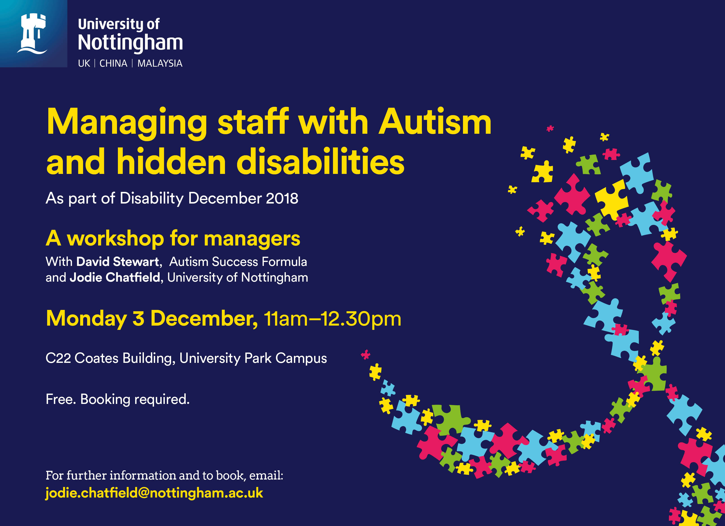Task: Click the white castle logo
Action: coord(32,34)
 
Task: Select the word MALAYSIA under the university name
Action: coord(160,63)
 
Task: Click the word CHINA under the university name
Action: coord(113,63)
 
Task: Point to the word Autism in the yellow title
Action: coord(435,122)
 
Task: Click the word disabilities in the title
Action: coord(320,162)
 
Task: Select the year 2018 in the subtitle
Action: coord(282,198)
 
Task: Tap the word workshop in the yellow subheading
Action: coord(115,239)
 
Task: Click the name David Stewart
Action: coord(118,262)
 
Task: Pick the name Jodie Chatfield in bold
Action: coord(115,277)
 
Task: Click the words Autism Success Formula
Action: coord(238,262)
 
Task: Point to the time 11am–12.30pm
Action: coord(333,319)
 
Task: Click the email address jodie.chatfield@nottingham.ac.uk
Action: coord(154,493)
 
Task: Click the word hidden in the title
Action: coord(171,162)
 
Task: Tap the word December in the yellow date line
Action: coord(204,319)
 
